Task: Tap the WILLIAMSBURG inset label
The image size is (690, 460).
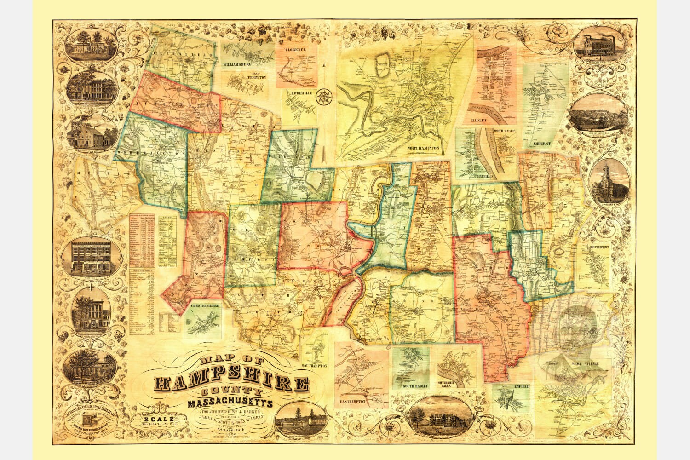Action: (240, 65)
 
